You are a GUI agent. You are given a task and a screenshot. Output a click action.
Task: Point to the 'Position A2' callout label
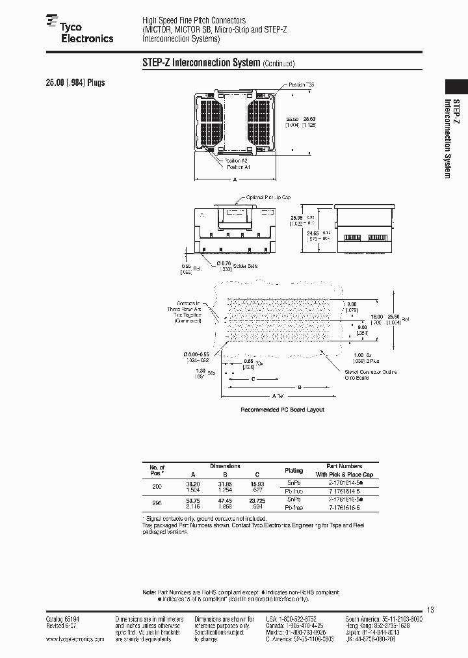[236, 160]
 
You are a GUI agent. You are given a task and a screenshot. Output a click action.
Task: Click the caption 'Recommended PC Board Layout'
[282, 410]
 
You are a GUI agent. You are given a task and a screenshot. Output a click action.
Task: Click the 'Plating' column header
[294, 470]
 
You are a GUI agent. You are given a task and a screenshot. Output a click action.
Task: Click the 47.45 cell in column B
[226, 499]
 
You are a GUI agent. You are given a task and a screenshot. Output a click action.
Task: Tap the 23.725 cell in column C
[259, 499]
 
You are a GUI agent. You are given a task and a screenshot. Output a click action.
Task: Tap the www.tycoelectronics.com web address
[75, 640]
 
